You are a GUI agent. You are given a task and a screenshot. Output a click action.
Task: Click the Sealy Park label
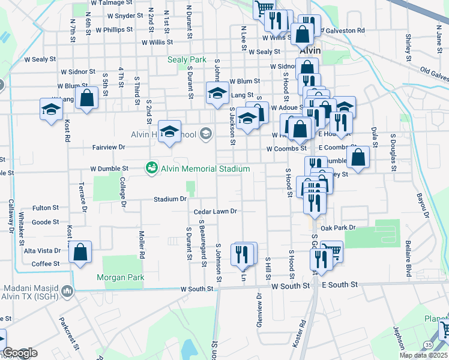(187, 60)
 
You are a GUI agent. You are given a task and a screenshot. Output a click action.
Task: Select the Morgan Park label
(120, 278)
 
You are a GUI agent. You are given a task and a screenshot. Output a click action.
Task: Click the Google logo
(19, 353)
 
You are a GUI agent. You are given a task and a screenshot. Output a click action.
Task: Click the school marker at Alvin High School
(170, 133)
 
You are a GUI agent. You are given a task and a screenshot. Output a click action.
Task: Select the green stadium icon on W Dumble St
(152, 169)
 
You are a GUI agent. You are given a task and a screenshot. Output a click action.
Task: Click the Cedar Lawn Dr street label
(215, 212)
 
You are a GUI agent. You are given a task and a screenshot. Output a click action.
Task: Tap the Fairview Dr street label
(109, 146)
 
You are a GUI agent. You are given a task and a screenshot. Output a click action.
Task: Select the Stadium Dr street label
(170, 199)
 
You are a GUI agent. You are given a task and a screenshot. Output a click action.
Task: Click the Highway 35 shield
(427, 345)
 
